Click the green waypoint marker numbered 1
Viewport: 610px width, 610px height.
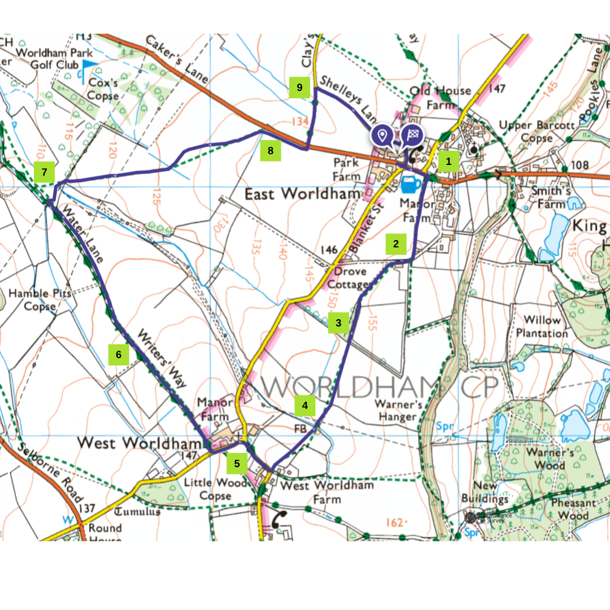pos(448,162)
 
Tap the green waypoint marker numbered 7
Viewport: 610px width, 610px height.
pos(44,172)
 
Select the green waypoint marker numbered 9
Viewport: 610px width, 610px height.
pos(299,88)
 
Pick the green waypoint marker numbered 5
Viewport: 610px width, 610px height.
pos(237,464)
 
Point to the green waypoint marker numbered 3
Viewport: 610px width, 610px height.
pos(338,323)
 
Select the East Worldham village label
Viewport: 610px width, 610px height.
pos(302,194)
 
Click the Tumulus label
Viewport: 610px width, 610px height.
pos(137,512)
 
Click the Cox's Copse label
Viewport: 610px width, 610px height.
pos(103,89)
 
